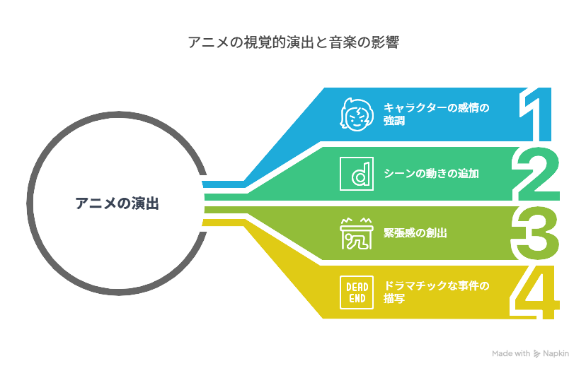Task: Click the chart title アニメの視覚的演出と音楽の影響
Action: click(x=294, y=42)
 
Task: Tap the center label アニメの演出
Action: click(x=117, y=203)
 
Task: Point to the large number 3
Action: click(x=535, y=233)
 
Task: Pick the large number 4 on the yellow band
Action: click(x=535, y=292)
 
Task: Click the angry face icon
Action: click(x=357, y=114)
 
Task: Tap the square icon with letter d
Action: click(x=357, y=174)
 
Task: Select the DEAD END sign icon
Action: click(x=357, y=292)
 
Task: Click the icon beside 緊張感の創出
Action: click(x=357, y=233)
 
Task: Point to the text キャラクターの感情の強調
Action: click(x=437, y=114)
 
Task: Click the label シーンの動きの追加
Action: click(x=431, y=174)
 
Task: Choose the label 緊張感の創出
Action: click(x=415, y=232)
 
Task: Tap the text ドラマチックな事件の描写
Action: click(x=437, y=292)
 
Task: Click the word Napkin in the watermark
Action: click(x=556, y=354)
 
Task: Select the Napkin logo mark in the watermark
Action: click(x=536, y=354)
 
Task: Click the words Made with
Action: click(x=511, y=354)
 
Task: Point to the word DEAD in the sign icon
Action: click(x=357, y=287)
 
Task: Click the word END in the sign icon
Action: click(x=357, y=298)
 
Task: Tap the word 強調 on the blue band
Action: click(x=394, y=121)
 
